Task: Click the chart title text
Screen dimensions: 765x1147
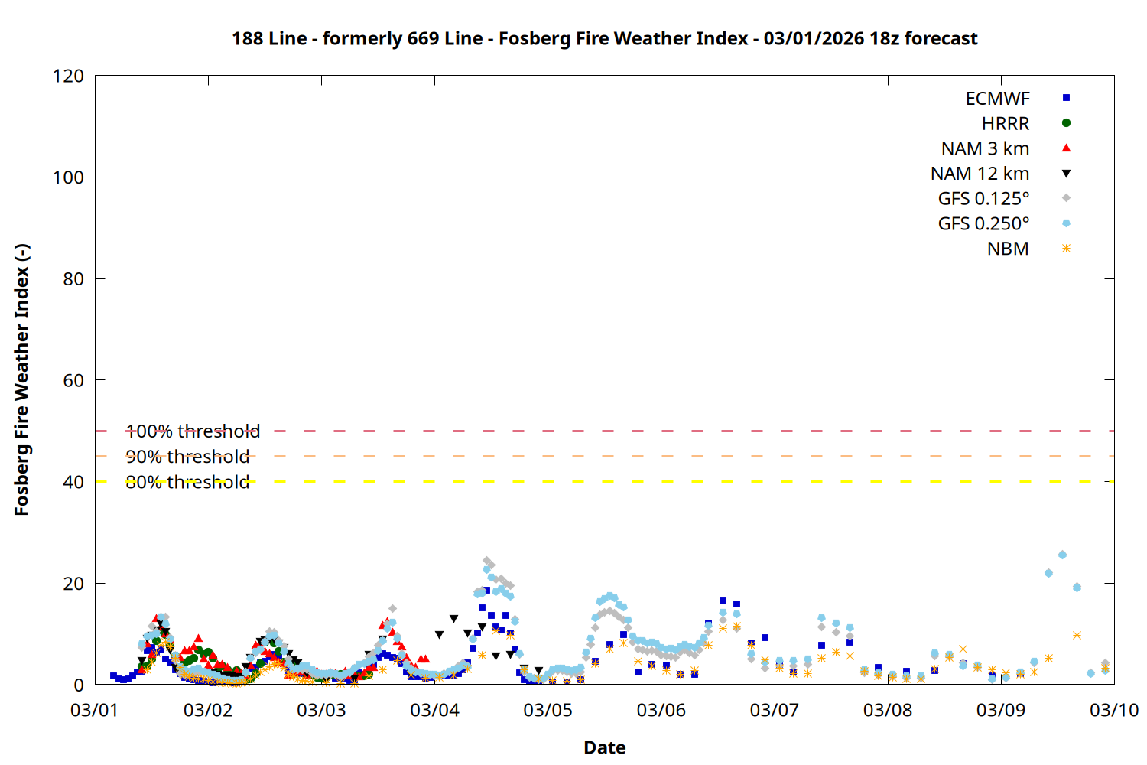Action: coord(604,38)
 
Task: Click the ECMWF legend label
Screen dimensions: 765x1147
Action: coord(997,99)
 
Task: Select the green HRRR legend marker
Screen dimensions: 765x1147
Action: coord(1066,123)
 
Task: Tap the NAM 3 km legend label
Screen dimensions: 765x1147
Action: coord(985,148)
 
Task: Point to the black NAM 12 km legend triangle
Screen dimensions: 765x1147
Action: coord(1066,174)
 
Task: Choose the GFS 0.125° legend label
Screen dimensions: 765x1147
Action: coord(983,199)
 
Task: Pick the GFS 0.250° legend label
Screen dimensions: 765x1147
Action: coord(983,223)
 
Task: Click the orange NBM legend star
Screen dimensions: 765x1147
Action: coord(1066,249)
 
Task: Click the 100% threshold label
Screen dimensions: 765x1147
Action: coord(193,431)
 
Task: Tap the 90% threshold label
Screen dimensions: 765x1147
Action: coord(187,457)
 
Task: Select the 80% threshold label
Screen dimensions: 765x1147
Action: coord(187,482)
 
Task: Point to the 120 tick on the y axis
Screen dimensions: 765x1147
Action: coord(69,76)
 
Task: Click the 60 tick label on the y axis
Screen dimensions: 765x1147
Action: coord(73,380)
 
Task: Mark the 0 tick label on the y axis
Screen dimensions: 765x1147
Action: coord(79,685)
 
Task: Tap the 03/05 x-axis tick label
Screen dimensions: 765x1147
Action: coord(548,710)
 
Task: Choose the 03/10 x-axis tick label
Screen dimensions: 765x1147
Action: coord(1113,710)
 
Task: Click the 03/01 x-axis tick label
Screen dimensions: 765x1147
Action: coord(95,710)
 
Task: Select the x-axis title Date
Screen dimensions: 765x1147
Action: coord(604,747)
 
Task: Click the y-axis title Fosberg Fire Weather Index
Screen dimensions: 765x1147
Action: coord(21,380)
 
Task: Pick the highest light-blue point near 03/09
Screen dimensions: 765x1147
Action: coord(1062,555)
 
